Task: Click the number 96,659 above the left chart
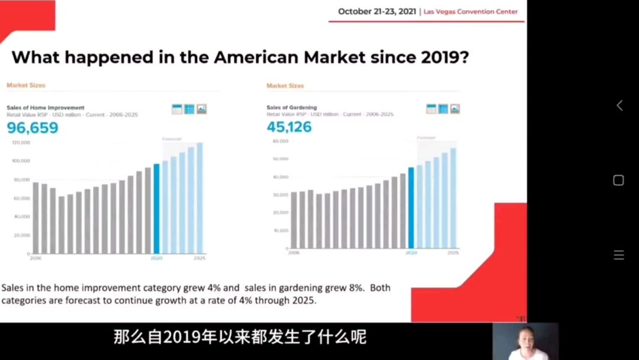[x=33, y=127]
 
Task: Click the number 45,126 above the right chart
[x=289, y=127]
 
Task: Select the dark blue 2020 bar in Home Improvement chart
[x=157, y=208]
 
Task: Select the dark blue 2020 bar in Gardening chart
[x=411, y=208]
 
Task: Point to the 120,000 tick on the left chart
[x=21, y=143]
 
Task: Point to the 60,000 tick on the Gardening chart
[x=280, y=142]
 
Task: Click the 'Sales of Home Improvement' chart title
[x=46, y=108]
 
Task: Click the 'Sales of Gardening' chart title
[x=291, y=108]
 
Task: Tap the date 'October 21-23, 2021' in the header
[x=377, y=11]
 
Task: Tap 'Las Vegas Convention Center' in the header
[x=470, y=12]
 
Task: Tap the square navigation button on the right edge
[x=618, y=181]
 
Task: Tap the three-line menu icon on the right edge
[x=618, y=255]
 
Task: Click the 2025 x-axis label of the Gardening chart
[x=453, y=253]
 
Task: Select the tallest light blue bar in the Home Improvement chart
[x=199, y=198]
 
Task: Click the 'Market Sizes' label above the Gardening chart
[x=285, y=86]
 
